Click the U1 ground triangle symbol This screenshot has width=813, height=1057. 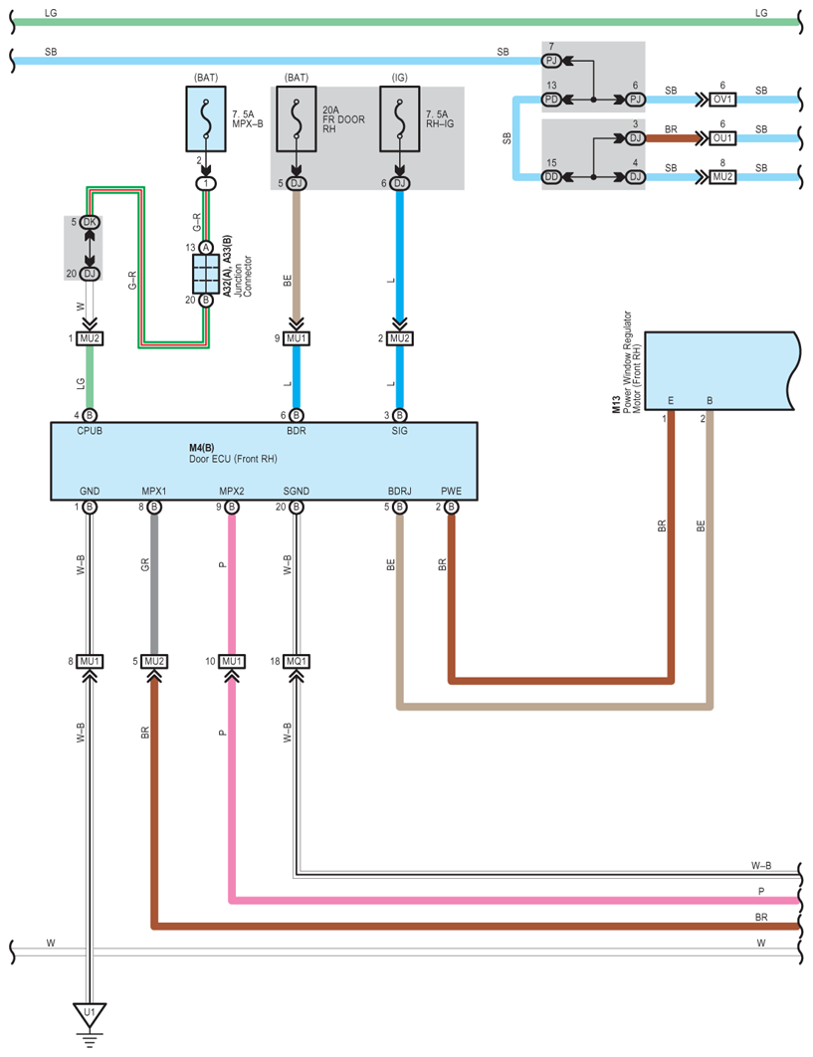click(90, 1015)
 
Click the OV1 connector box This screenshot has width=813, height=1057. click(722, 100)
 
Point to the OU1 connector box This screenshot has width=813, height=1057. click(722, 137)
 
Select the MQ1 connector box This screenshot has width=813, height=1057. click(297, 661)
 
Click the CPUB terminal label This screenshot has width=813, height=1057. click(91, 432)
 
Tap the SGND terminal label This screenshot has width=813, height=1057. click(296, 491)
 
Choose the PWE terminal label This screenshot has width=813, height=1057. click(451, 491)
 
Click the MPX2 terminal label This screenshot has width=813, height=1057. click(232, 491)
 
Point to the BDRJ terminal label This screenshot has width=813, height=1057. click(400, 491)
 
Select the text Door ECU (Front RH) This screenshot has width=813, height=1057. click(233, 460)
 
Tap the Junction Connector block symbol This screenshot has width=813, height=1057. click(206, 273)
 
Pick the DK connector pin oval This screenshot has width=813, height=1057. click(90, 222)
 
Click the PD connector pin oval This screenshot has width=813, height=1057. click(552, 100)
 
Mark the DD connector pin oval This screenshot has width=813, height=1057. click(552, 177)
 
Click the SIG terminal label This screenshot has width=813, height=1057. click(399, 432)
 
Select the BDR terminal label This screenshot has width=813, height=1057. click(296, 432)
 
